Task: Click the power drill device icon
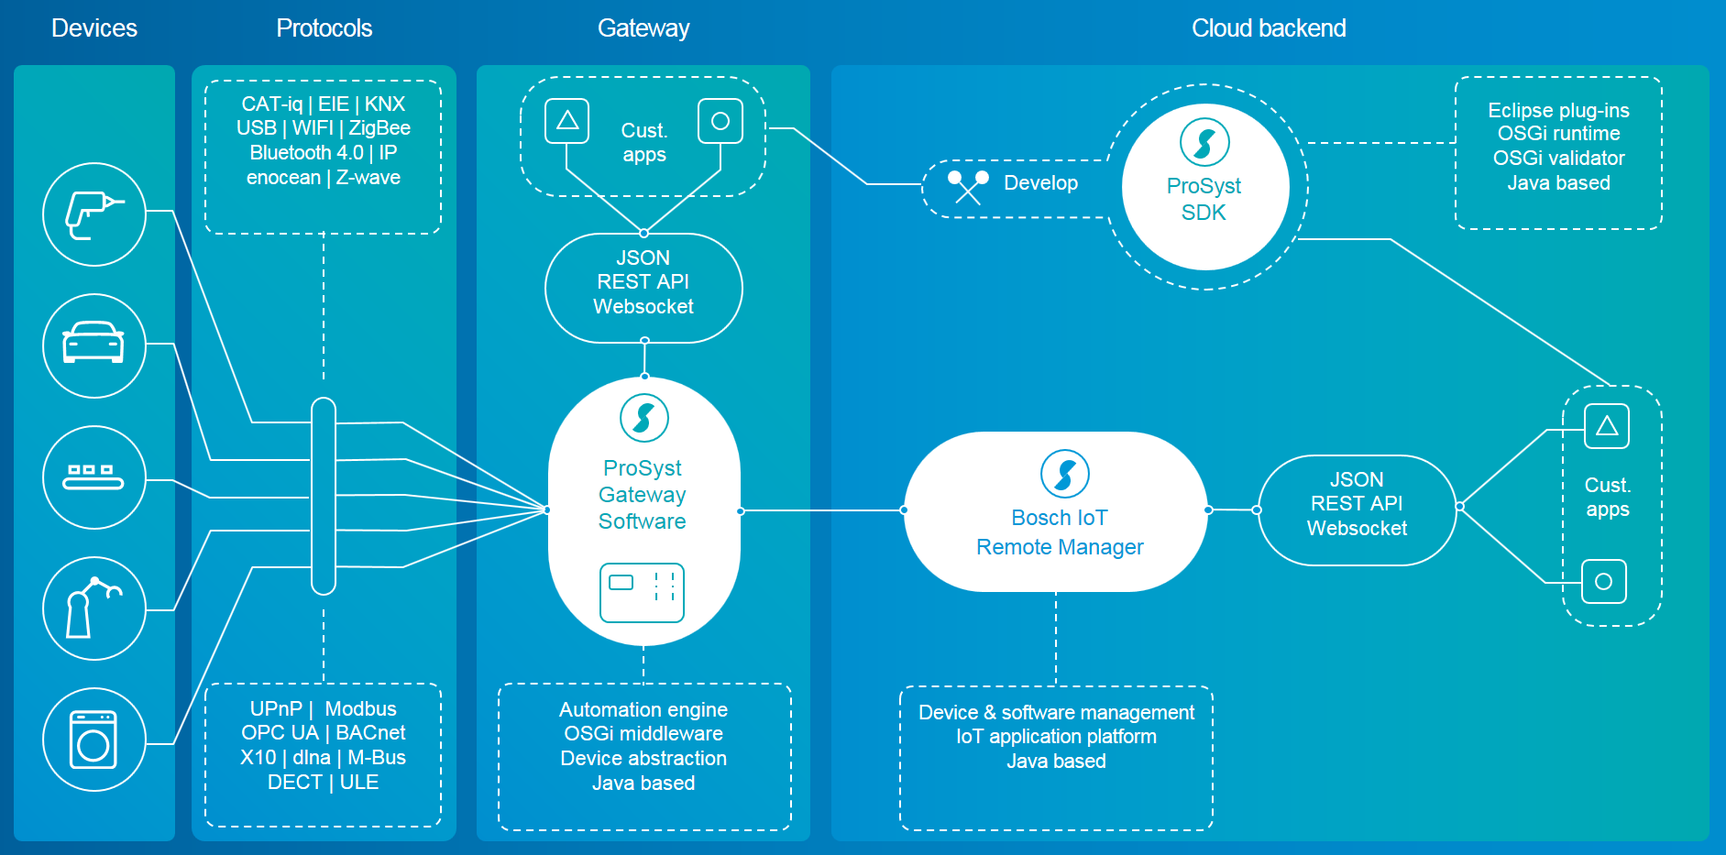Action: click(93, 214)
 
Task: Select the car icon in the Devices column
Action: click(93, 345)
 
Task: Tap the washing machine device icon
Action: click(93, 739)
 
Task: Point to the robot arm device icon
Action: click(93, 608)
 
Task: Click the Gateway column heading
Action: click(643, 28)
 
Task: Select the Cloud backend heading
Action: click(1269, 28)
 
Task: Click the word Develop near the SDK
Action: click(1040, 183)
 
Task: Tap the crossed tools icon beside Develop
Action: click(968, 186)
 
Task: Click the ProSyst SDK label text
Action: click(1204, 199)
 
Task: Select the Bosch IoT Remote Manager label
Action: click(1060, 532)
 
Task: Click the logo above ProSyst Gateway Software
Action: click(643, 418)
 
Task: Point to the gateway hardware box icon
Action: click(642, 592)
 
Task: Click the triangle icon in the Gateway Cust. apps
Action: click(567, 121)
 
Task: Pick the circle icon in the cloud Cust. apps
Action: click(1604, 582)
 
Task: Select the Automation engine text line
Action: click(643, 710)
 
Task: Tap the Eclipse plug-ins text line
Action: click(1558, 111)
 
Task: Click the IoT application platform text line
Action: click(1056, 737)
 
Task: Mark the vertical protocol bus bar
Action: click(324, 496)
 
